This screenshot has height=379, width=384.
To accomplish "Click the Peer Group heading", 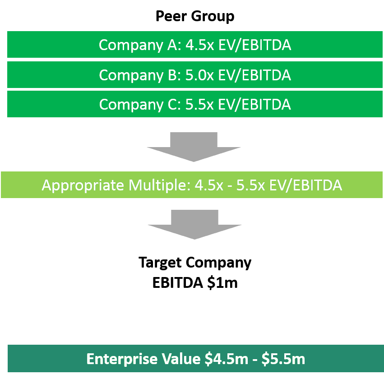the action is (x=195, y=17).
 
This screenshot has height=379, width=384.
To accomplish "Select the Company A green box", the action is (x=195, y=44).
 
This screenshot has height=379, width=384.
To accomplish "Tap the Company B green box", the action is (x=195, y=75).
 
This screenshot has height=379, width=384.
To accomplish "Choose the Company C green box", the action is (x=195, y=104).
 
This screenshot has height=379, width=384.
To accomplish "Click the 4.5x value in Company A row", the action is (x=200, y=45).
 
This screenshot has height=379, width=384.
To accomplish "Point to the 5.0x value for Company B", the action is (x=199, y=75).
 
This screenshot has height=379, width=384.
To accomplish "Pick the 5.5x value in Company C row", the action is (x=199, y=105).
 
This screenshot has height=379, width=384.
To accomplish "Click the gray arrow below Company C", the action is (x=194, y=147).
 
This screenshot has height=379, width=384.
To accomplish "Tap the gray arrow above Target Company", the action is (x=194, y=225).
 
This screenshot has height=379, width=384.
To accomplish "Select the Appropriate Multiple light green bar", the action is (x=192, y=185).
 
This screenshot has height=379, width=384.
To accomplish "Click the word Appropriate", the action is (x=83, y=185).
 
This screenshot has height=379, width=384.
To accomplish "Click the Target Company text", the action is (x=195, y=263).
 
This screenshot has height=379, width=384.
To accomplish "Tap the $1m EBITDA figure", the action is (x=222, y=283).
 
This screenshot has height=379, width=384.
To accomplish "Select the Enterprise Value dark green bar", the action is (x=196, y=358).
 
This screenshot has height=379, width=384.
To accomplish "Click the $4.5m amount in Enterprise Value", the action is (x=227, y=359).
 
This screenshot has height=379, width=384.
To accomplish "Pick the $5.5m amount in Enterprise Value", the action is (x=283, y=359).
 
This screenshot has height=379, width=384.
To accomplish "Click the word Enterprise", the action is (x=122, y=360).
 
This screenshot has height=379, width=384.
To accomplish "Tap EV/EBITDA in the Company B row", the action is (x=254, y=75).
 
